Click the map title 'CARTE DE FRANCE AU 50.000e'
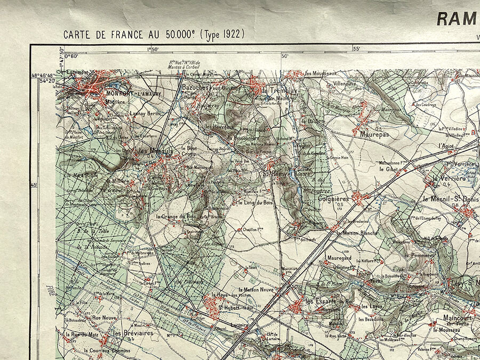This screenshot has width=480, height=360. (130, 35)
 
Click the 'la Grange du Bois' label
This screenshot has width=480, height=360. (177, 217)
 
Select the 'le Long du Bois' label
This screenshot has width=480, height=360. (255, 203)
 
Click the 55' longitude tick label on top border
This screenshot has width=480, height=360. (357, 49)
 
